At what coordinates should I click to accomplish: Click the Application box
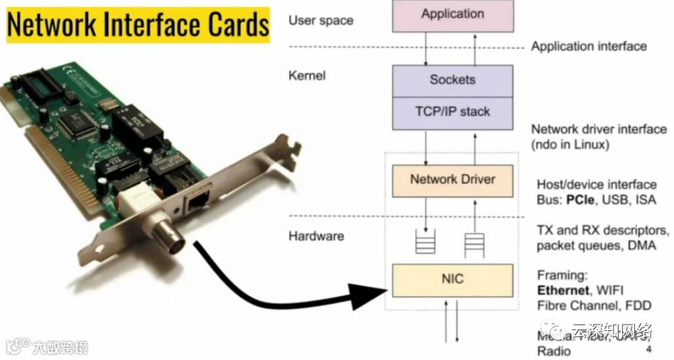tap(452, 14)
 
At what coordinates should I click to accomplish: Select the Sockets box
tap(452, 80)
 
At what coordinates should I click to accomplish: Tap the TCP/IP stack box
tap(452, 111)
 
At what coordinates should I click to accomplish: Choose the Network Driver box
tap(452, 180)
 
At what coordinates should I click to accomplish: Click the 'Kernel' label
tap(308, 75)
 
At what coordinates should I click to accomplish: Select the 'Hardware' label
tap(317, 236)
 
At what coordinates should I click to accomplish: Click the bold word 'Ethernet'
tap(563, 290)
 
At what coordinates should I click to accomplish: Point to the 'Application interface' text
tap(589, 46)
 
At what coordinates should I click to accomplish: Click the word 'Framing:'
tap(562, 276)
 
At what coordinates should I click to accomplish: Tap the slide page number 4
tap(648, 350)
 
